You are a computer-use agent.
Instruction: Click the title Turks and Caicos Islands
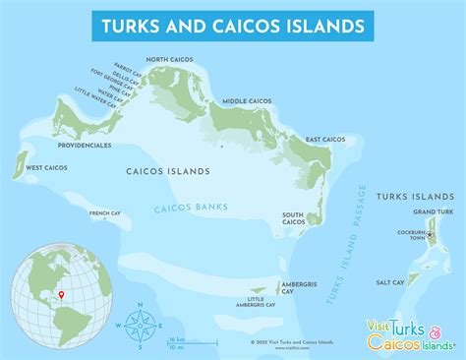pyautogui.click(x=232, y=25)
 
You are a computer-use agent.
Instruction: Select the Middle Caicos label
pyautogui.click(x=248, y=100)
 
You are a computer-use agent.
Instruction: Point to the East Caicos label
pyautogui.click(x=325, y=140)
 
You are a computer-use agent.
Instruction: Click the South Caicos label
pyautogui.click(x=293, y=218)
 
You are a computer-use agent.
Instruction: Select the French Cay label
pyautogui.click(x=104, y=213)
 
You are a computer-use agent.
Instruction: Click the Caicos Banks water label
pyautogui.click(x=189, y=209)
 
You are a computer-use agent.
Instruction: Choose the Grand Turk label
pyautogui.click(x=432, y=211)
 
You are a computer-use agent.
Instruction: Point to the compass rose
pyautogui.click(x=140, y=324)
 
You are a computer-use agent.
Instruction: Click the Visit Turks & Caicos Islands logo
pyautogui.click(x=410, y=332)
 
